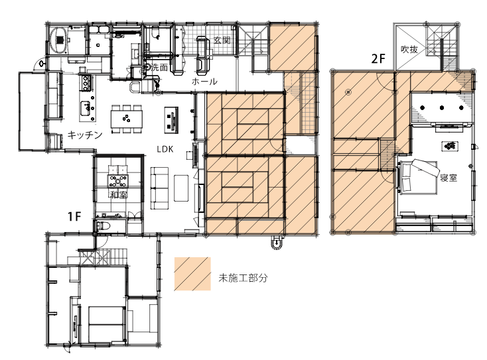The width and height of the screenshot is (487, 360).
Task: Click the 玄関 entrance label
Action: pyautogui.click(x=222, y=40)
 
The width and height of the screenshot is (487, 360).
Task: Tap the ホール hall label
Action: pyautogui.click(x=204, y=82)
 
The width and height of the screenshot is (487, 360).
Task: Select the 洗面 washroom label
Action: pyautogui.click(x=159, y=68)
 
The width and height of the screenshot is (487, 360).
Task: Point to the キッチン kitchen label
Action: pyautogui.click(x=85, y=135)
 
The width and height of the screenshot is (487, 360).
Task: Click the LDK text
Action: pyautogui.click(x=165, y=149)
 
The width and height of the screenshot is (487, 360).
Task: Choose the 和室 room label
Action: pyautogui.click(x=119, y=195)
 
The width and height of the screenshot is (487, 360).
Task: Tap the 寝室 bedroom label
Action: pyautogui.click(x=449, y=178)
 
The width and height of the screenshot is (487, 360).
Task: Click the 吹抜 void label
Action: pyautogui.click(x=409, y=49)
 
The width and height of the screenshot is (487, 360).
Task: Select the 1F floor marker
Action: pyautogui.click(x=74, y=216)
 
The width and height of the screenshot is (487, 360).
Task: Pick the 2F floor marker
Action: pyautogui.click(x=378, y=58)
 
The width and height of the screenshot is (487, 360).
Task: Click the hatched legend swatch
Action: pyautogui.click(x=192, y=274)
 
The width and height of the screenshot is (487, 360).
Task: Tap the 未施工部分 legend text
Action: pyautogui.click(x=243, y=278)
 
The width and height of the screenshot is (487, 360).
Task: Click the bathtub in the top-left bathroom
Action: pyautogui.click(x=58, y=40)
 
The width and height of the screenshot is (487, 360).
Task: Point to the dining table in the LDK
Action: pyautogui.click(x=127, y=119)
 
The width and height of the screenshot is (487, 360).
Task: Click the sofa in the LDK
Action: pyautogui.click(x=160, y=188)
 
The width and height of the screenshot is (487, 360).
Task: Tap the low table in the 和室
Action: pyautogui.click(x=117, y=181)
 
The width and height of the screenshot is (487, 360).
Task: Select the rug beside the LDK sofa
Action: pyautogui.click(x=181, y=188)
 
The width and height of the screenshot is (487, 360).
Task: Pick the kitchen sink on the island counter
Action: pyautogui.click(x=86, y=107)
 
